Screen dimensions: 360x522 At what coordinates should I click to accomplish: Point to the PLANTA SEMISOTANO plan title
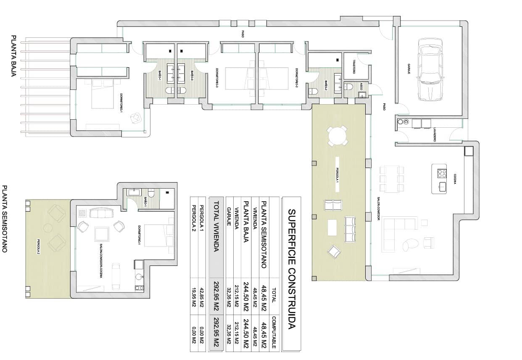[x=5, y=218]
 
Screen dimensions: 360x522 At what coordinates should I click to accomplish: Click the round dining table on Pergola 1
[x=338, y=136]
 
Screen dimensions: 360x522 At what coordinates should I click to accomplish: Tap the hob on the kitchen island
[x=442, y=173]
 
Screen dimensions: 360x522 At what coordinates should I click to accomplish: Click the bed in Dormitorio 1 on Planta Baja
[x=103, y=94]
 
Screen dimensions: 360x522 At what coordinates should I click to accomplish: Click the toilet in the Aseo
[x=348, y=87]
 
